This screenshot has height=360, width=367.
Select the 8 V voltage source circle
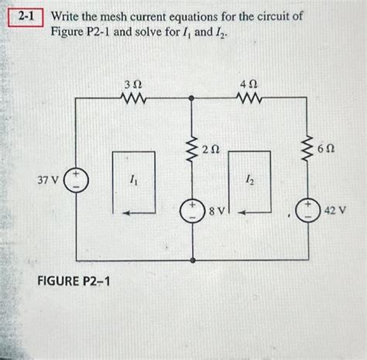(190, 211)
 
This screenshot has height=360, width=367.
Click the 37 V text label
(48, 180)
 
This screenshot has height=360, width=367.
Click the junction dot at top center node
(190, 98)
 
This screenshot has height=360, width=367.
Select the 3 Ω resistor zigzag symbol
(132, 98)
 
